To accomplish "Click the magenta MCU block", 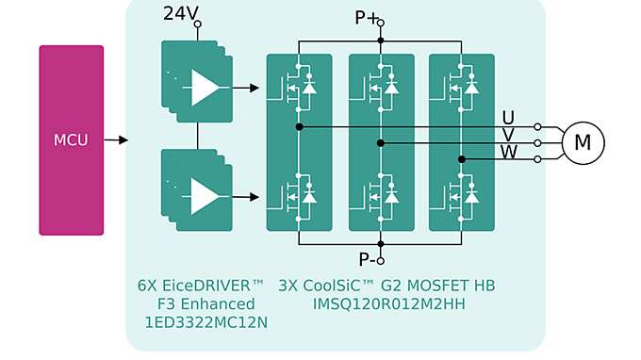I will tap(71, 140).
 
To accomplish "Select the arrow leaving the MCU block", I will tap(116, 140).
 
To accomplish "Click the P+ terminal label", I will tap(367, 17).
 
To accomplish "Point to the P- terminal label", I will tap(367, 260).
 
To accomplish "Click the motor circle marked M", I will tap(583, 142).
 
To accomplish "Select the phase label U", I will tap(508, 118).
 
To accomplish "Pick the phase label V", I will tap(508, 135).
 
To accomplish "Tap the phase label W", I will tap(508, 152).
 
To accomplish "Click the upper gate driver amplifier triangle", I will tap(204, 88).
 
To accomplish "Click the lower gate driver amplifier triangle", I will tap(204, 197).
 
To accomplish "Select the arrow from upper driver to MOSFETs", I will tap(246, 88).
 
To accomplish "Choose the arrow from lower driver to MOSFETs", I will tap(246, 197).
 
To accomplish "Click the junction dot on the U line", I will tap(300, 126).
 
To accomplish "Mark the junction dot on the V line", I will tap(381, 143).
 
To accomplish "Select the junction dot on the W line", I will tap(462, 159).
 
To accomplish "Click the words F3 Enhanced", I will tap(205, 304).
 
